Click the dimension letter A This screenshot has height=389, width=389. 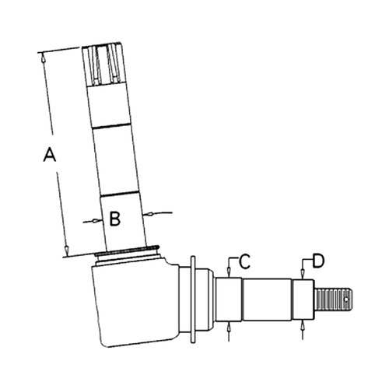50,154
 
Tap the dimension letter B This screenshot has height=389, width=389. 115,219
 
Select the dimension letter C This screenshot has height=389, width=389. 244,261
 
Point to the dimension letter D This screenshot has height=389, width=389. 318,261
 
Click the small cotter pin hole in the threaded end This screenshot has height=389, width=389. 346,300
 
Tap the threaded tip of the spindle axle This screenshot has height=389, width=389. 333,300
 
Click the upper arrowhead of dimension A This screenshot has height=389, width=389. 43,58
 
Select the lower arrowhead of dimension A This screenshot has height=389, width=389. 67,250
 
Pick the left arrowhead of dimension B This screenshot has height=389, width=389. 97,221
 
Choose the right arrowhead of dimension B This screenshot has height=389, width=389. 149,214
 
